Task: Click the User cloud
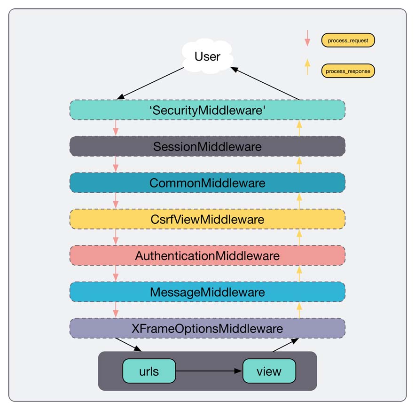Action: pos(207,57)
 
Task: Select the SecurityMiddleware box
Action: pos(207,110)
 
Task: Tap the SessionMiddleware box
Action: pos(207,146)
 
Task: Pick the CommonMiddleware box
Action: pos(207,182)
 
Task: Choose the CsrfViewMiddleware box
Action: pos(207,219)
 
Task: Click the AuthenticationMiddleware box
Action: pos(207,256)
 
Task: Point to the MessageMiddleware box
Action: pos(207,292)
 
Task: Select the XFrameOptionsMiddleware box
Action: pos(207,328)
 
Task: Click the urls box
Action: pos(149,371)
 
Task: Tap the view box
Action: pos(269,371)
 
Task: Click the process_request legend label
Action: pos(348,40)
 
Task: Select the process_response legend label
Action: pos(348,71)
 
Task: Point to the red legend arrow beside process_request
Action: pos(307,39)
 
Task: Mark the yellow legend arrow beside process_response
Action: pos(307,67)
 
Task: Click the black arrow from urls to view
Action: pos(209,371)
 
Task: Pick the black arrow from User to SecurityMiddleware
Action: pos(150,83)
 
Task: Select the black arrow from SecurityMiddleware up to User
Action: pos(265,83)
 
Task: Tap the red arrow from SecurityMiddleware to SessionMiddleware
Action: pos(116,128)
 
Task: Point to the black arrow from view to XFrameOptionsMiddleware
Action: pos(285,345)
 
